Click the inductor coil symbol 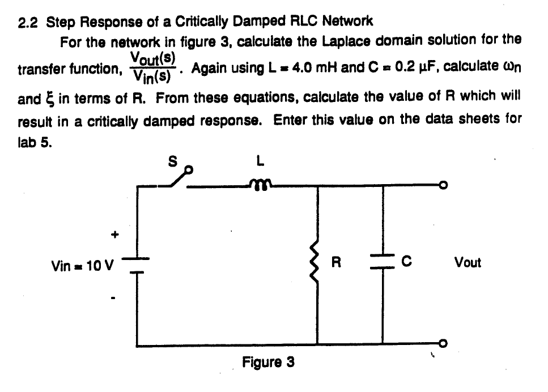coord(260,182)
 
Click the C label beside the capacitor coord(406,262)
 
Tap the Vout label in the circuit coord(468,263)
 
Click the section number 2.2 coord(28,22)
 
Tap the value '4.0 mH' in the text coord(309,69)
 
